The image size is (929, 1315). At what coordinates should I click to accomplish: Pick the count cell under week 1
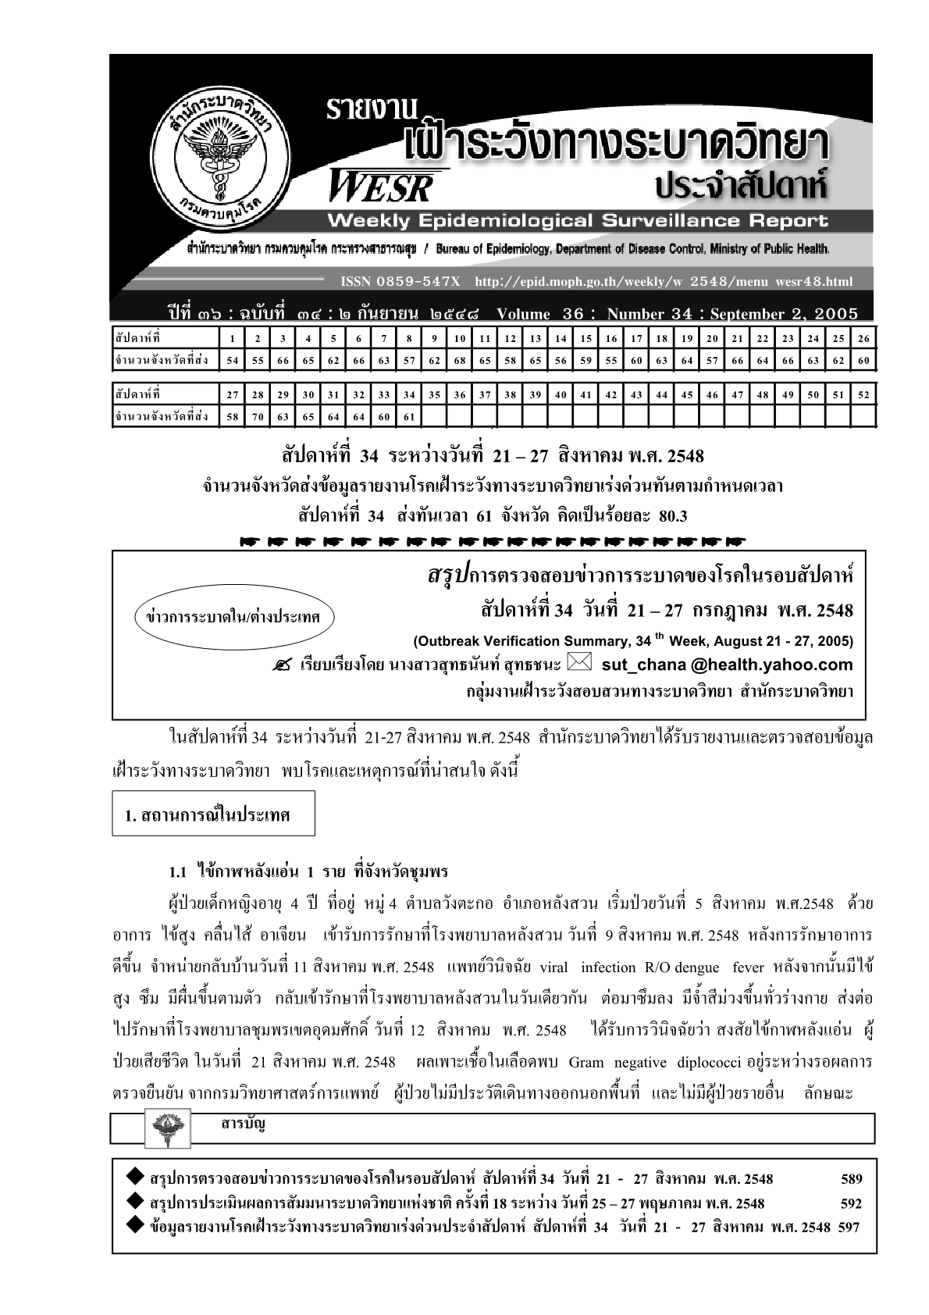[233, 361]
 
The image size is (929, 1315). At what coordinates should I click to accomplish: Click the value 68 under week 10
[460, 361]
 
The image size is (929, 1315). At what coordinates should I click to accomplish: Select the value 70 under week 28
[258, 417]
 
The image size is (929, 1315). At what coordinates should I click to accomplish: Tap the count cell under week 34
[409, 417]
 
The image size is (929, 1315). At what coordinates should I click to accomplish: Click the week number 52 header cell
[863, 395]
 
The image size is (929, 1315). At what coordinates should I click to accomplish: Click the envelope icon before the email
[580, 664]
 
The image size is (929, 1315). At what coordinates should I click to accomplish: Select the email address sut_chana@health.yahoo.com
[728, 665]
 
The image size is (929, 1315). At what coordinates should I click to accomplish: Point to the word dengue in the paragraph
[697, 968]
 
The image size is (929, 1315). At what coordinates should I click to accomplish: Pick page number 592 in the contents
[851, 1203]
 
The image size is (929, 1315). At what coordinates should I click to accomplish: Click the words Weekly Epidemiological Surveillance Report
[578, 221]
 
